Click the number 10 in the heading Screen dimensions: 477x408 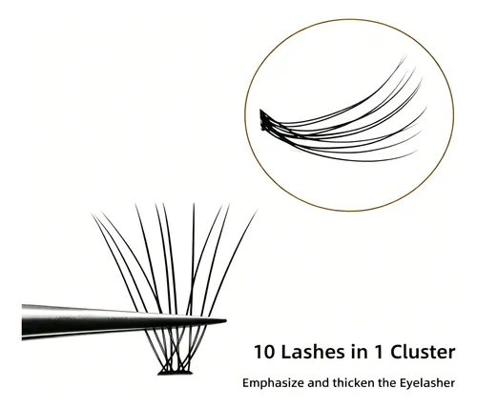(x=264, y=352)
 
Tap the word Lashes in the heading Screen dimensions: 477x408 (x=308, y=352)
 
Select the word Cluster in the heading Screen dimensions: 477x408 (x=423, y=352)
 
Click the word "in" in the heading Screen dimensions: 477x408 (x=350, y=352)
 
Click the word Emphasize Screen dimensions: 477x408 (x=273, y=383)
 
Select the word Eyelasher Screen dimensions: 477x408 (x=426, y=383)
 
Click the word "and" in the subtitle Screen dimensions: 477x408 (x=319, y=382)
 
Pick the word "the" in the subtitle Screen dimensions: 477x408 (x=386, y=382)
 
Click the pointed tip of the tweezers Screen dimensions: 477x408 (x=226, y=321)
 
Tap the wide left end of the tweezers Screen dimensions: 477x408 (x=23, y=322)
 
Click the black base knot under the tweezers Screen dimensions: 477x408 (x=176, y=372)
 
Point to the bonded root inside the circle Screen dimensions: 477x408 (x=263, y=119)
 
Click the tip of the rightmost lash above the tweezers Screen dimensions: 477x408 (x=257, y=210)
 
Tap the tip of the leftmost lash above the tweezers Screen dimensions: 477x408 (x=93, y=214)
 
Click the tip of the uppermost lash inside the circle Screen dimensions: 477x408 (x=405, y=56)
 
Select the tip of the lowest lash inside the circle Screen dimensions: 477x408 (x=417, y=152)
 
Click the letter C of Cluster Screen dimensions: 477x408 (x=397, y=352)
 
